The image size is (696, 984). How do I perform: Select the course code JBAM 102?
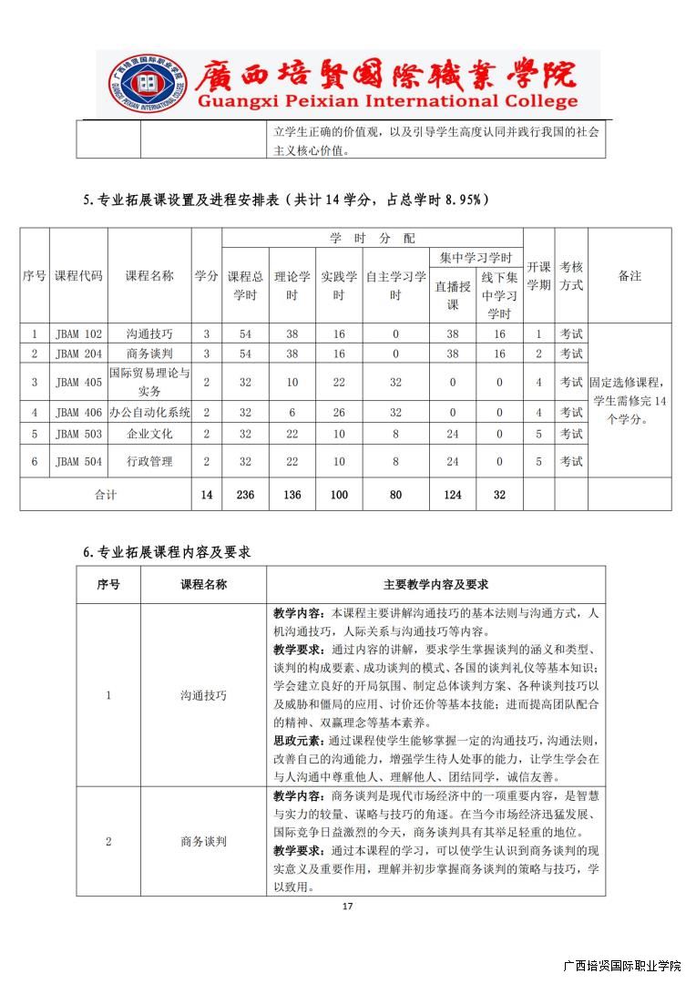78,334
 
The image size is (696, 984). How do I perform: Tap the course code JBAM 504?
78,462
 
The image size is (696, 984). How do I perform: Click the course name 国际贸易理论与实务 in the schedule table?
149,382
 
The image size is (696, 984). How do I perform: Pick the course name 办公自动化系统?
149,413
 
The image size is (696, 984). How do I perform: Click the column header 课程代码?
78,276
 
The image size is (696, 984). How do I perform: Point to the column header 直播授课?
452,294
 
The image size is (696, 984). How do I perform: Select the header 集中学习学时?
475,258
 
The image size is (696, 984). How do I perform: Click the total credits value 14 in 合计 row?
207,495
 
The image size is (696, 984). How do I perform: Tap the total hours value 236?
245,495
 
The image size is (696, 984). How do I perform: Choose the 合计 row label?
106,495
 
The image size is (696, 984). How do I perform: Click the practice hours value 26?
339,413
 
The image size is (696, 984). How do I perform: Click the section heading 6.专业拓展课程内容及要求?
167,553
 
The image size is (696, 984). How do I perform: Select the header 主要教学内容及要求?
435,585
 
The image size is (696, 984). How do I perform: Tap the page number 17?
347,907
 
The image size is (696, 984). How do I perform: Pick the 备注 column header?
629,276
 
